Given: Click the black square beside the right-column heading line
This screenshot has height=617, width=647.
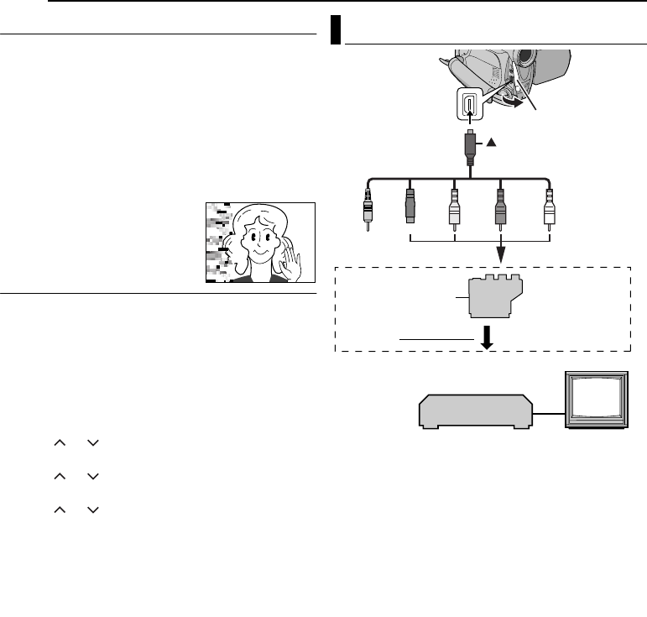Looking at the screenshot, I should tap(335, 29).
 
